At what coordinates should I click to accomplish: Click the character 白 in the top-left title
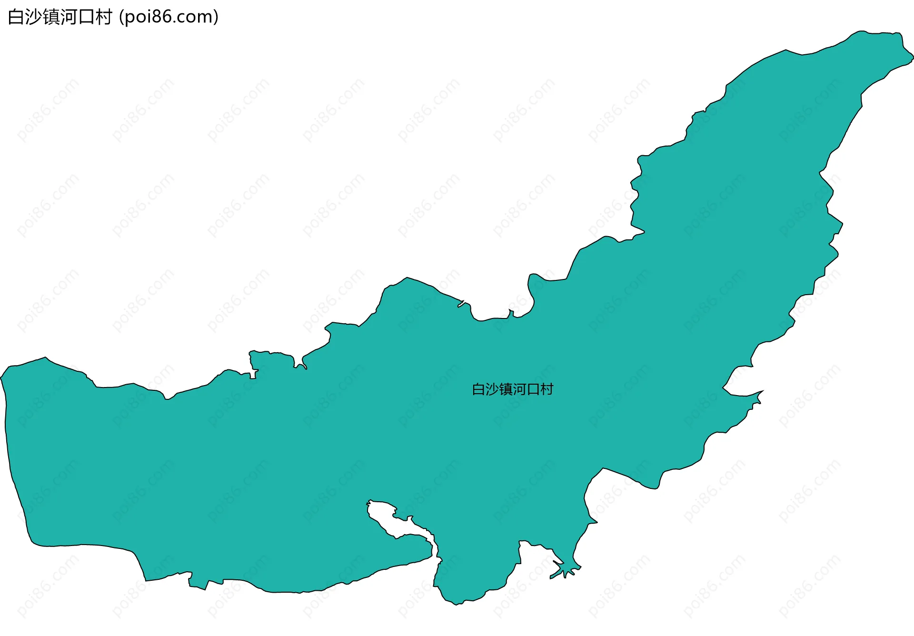coord(16,17)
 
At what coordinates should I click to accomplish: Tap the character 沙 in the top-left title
coord(33,17)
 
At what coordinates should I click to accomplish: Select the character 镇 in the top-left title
coord(51,17)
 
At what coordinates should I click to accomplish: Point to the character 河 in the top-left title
coord(69,17)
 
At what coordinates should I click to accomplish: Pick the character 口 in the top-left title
coord(86,17)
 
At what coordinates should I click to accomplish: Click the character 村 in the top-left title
coord(104,17)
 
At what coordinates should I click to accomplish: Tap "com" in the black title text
coord(195,17)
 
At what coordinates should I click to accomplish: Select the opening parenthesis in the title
coord(122,17)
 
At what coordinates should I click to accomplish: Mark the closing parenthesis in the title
coord(216,17)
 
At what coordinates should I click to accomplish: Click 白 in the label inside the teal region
coord(478,389)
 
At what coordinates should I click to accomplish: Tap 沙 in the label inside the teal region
coord(492,389)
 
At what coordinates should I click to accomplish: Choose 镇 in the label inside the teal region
coord(506,389)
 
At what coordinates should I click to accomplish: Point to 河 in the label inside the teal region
coord(519,389)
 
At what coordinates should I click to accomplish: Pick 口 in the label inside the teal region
coord(533,389)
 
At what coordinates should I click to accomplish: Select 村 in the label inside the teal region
coord(547,389)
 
